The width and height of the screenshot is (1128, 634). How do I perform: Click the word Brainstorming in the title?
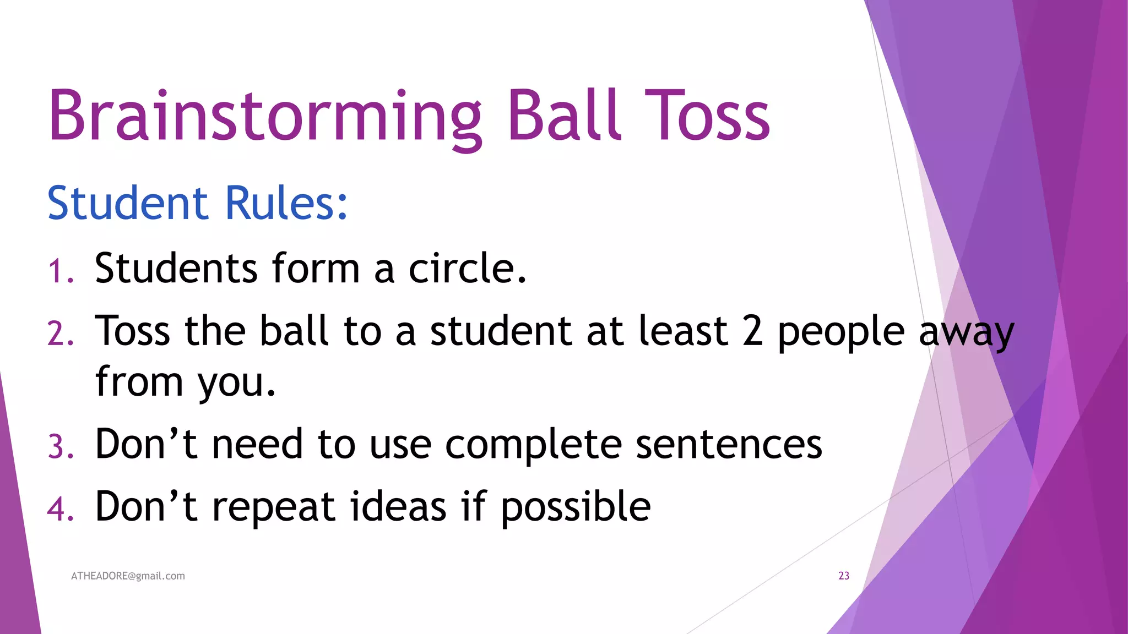click(x=264, y=117)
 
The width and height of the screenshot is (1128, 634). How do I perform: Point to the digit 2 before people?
click(x=752, y=331)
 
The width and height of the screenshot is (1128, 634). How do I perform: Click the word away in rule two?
click(x=967, y=334)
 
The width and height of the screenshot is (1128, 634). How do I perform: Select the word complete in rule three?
click(x=533, y=445)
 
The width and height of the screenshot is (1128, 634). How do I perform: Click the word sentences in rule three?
click(x=729, y=445)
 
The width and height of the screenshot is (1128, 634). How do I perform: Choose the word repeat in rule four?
click(x=273, y=507)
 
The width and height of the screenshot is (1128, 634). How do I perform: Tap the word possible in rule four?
click(x=576, y=507)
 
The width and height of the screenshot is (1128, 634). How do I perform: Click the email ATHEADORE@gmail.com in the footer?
click(x=128, y=576)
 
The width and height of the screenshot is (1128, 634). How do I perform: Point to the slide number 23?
click(x=844, y=576)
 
